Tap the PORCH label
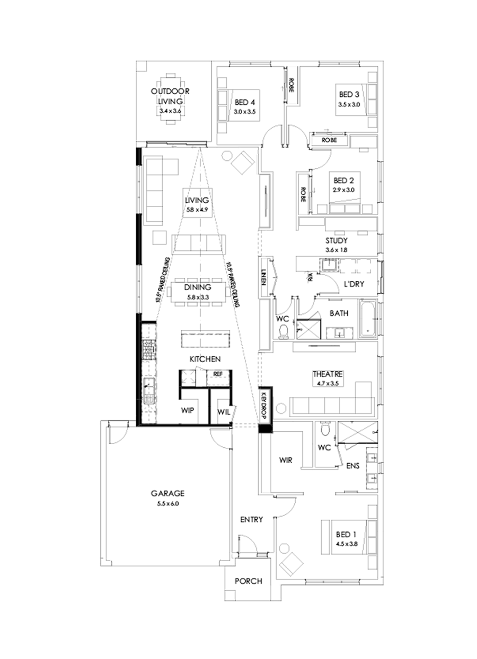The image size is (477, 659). pyautogui.click(x=248, y=581)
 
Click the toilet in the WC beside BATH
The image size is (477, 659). pyautogui.click(x=284, y=330)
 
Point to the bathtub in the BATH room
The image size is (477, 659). pyautogui.click(x=367, y=320)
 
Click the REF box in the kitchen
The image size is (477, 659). pyautogui.click(x=217, y=374)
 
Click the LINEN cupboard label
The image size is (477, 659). pyautogui.click(x=263, y=278)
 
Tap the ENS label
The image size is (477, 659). pyautogui.click(x=353, y=467)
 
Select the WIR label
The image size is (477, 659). pyautogui.click(x=286, y=460)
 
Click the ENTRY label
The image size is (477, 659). pyautogui.click(x=251, y=520)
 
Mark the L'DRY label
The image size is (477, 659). pyautogui.click(x=354, y=284)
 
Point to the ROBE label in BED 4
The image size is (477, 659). pyautogui.click(x=291, y=86)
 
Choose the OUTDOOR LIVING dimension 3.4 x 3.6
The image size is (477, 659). pyautogui.click(x=170, y=112)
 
